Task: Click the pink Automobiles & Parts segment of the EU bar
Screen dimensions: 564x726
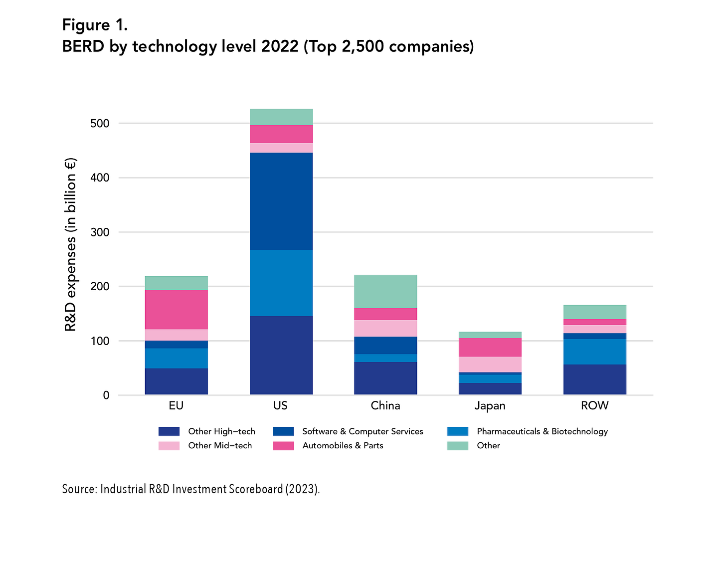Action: click(x=176, y=309)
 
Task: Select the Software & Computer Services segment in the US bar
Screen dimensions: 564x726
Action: click(x=281, y=201)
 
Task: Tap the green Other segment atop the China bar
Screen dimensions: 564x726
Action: click(x=385, y=291)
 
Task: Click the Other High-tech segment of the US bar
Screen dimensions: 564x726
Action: click(x=281, y=355)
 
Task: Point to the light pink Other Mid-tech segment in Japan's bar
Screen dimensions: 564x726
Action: click(x=490, y=364)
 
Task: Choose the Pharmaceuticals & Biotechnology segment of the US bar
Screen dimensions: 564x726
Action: click(x=281, y=283)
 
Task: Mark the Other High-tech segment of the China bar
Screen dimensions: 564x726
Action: click(x=385, y=378)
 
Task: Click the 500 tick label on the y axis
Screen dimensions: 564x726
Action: click(x=99, y=124)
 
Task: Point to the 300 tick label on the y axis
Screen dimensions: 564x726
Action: click(x=99, y=232)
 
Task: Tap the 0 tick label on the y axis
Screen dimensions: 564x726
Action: click(x=106, y=395)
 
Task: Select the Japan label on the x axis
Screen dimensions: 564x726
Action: click(x=490, y=405)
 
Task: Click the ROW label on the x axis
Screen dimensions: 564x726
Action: click(x=594, y=405)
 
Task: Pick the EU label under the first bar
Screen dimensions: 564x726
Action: click(x=176, y=405)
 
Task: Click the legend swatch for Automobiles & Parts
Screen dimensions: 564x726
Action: click(x=283, y=446)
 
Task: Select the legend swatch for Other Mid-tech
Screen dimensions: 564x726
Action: click(x=169, y=446)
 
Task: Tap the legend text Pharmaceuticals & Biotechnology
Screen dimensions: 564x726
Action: click(x=542, y=431)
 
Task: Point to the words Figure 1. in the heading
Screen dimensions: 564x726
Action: click(x=95, y=25)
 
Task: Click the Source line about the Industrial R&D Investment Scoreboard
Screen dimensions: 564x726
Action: click(x=190, y=489)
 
